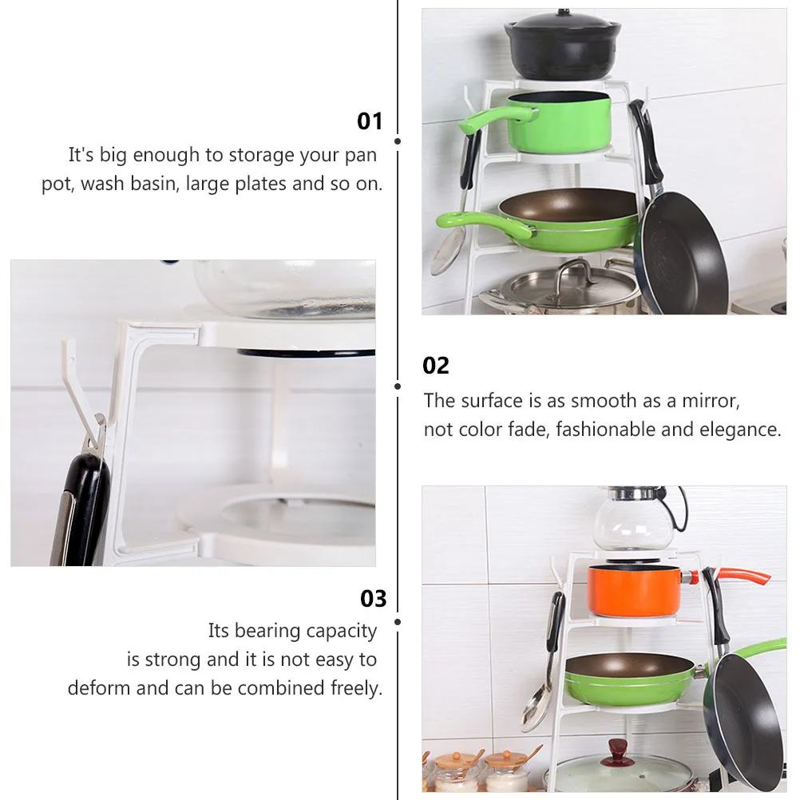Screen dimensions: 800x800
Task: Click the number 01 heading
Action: point(370,121)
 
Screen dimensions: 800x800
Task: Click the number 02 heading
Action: point(436,366)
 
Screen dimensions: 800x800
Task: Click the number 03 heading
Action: point(373,599)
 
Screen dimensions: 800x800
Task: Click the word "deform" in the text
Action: point(98,688)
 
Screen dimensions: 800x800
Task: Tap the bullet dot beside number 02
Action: point(398,386)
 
